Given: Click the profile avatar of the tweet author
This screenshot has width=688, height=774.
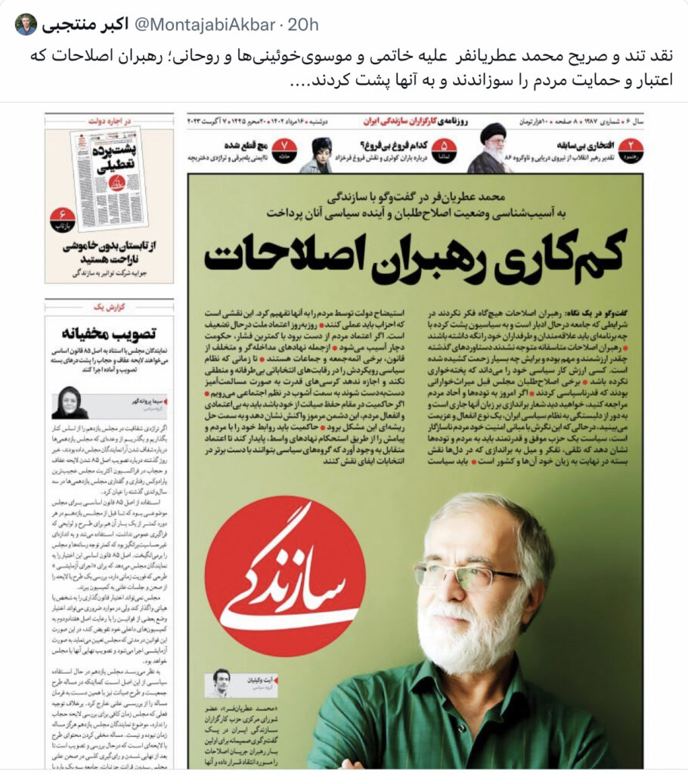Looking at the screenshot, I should [26, 24].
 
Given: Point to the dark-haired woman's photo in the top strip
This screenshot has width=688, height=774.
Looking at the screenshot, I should [321, 153].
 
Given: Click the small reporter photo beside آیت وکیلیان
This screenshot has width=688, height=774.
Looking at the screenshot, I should [221, 683].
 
